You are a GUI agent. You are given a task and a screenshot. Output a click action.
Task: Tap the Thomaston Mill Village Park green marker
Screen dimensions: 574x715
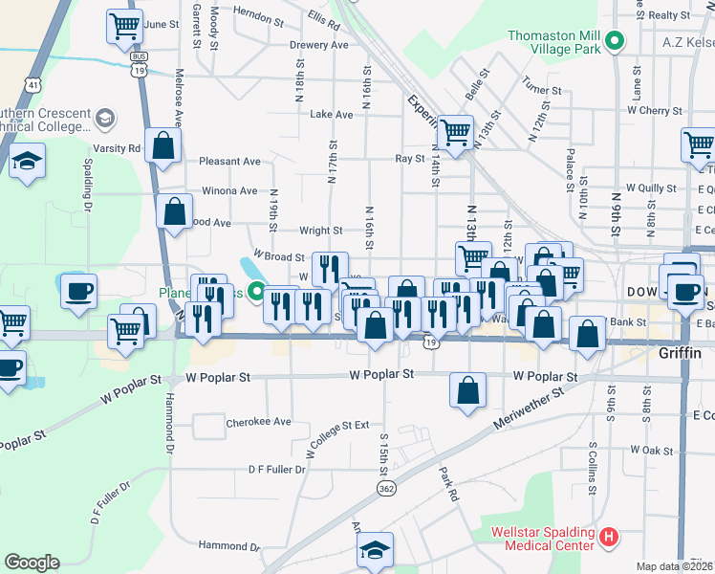(x=617, y=42)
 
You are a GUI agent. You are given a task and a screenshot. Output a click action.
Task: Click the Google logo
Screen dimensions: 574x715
(x=32, y=563)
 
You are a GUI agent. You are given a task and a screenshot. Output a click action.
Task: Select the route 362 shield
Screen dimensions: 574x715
(x=386, y=489)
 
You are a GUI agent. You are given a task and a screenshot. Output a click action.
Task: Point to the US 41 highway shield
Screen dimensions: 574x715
(x=33, y=85)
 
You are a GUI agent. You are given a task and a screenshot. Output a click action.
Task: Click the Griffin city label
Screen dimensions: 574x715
(x=680, y=353)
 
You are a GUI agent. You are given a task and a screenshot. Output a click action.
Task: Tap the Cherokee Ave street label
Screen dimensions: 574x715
(x=258, y=421)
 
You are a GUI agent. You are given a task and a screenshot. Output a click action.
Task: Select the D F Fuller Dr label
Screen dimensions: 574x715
(x=276, y=470)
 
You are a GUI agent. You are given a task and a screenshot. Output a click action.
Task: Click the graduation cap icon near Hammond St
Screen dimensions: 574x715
(x=375, y=549)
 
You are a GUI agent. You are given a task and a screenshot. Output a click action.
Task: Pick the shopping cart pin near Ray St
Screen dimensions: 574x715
(x=456, y=132)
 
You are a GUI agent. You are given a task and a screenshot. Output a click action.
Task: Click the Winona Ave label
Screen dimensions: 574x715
(x=228, y=190)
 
